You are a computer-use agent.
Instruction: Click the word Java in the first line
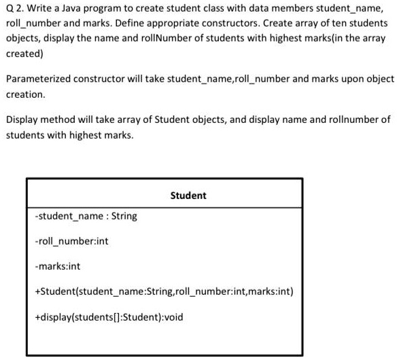click(75, 9)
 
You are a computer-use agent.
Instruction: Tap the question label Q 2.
click(14, 9)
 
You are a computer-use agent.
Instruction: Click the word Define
click(131, 24)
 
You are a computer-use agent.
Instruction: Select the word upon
click(351, 79)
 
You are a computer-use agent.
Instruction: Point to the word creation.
click(25, 94)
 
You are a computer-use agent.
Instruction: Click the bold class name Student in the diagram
click(188, 196)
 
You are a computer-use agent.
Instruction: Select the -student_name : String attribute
click(86, 216)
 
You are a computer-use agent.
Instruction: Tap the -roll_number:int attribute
click(71, 241)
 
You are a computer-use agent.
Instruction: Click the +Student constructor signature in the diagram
click(164, 291)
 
